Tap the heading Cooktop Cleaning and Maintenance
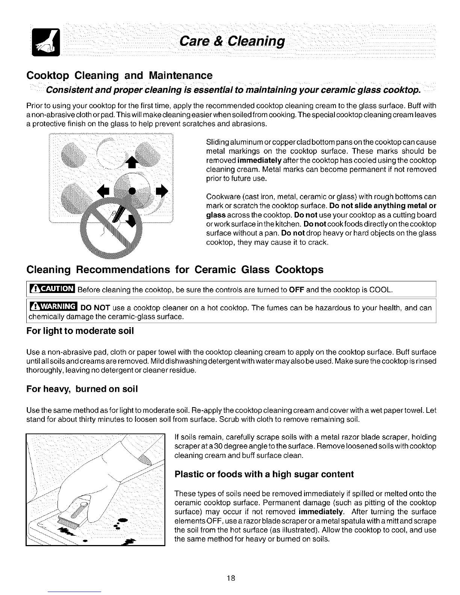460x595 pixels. pyautogui.click(x=120, y=76)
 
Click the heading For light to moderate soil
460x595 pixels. pyautogui.click(x=80, y=331)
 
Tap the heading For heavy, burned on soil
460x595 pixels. pyautogui.click(x=82, y=389)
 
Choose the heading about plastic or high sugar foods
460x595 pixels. pyautogui.click(x=264, y=474)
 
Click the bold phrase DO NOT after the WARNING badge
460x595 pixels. pyautogui.click(x=95, y=308)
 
